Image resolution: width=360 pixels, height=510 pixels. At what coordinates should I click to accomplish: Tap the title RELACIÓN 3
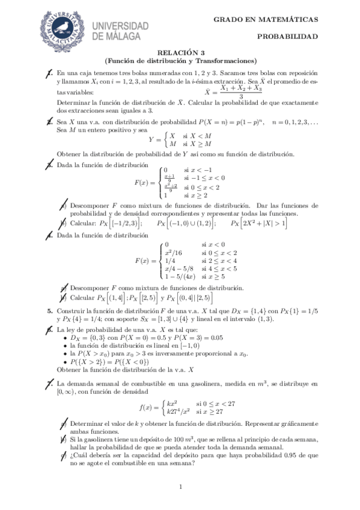(x=180, y=52)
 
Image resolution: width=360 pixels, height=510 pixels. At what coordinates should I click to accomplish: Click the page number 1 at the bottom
(x=180, y=486)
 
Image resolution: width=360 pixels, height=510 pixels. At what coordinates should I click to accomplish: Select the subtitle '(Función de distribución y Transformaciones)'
(x=180, y=60)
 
